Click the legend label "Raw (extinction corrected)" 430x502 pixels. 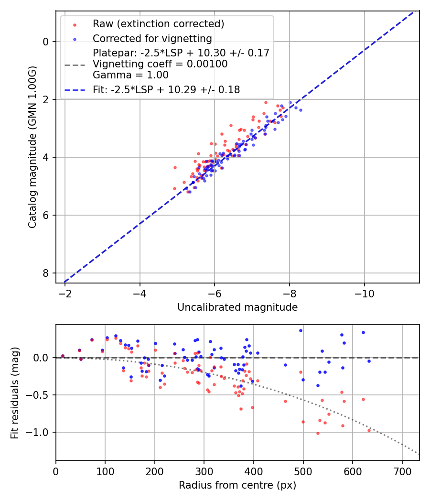point(158,24)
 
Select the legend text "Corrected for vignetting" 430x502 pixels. point(152,38)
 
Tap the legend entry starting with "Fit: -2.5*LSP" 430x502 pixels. point(166,89)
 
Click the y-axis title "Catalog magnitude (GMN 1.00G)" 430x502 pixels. point(32,147)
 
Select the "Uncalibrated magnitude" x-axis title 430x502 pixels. point(237,307)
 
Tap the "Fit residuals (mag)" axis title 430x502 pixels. point(15,393)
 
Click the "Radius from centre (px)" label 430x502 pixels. point(237,485)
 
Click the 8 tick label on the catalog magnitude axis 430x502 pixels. point(45,273)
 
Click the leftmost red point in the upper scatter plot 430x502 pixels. point(175,167)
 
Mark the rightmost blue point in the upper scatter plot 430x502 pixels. point(301,110)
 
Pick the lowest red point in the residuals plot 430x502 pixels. point(318,433)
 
